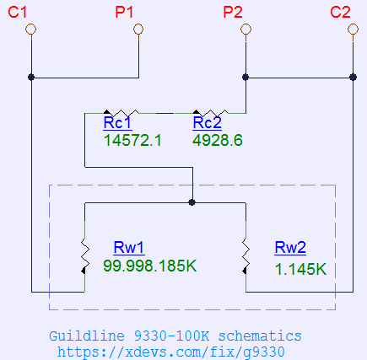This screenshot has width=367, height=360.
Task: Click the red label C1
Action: (x=18, y=13)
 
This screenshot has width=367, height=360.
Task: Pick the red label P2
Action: (x=233, y=13)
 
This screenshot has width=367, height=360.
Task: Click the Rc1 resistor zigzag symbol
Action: (x=121, y=113)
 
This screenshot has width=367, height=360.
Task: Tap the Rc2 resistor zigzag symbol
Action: (x=211, y=113)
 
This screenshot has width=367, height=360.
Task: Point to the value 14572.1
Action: (x=132, y=140)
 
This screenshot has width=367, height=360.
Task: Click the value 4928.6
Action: (x=218, y=140)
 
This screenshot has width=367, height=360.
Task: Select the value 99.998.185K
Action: (x=150, y=266)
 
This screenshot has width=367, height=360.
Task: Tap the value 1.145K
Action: (x=300, y=269)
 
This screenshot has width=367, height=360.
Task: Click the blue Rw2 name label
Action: (x=290, y=248)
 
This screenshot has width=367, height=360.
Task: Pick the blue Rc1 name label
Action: (x=117, y=123)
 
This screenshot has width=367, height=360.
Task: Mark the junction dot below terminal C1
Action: (x=31, y=77)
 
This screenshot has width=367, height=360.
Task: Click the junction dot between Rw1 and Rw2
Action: (x=192, y=202)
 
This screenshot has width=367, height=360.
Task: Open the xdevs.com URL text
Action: (x=171, y=352)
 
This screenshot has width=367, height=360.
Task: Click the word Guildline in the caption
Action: (x=87, y=336)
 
